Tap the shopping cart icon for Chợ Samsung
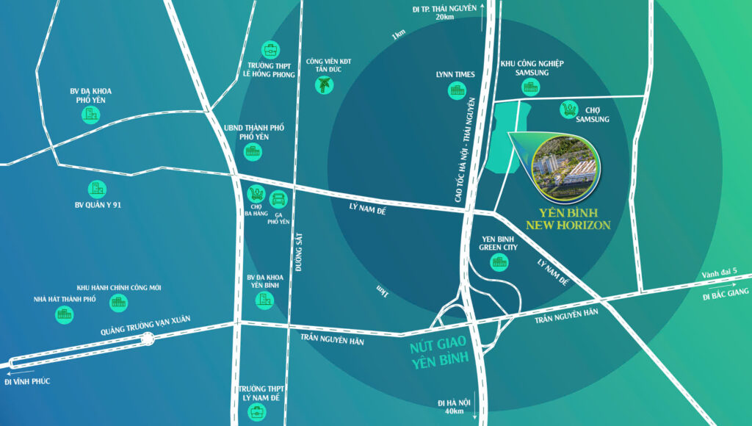[568, 109]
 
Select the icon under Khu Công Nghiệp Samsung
[530, 87]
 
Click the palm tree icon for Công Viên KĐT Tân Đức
[323, 85]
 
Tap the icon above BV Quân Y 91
[96, 189]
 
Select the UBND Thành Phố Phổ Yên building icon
[253, 152]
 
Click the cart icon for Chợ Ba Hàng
[256, 195]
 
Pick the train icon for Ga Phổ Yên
[278, 198]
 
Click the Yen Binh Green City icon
[499, 262]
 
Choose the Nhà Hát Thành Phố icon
[65, 314]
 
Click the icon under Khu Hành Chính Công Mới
[118, 301]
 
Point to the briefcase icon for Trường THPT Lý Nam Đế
[260, 411]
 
